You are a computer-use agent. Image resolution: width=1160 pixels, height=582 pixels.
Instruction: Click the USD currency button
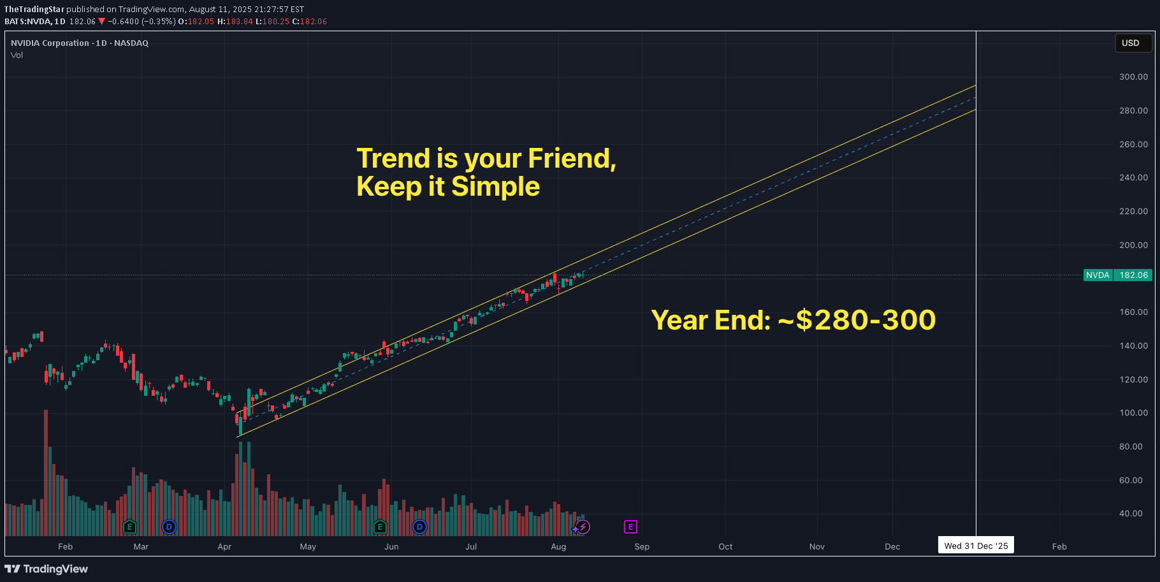pos(1130,43)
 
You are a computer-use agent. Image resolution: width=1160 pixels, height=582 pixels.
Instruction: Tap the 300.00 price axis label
pos(1133,77)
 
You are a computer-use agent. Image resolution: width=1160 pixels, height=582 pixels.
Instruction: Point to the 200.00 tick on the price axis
pos(1133,245)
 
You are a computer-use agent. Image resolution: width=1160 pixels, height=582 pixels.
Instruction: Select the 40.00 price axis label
pos(1131,514)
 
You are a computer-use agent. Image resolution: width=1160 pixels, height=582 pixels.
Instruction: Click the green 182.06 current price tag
pos(1133,275)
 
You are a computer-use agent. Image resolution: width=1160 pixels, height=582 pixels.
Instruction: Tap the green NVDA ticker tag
pos(1098,275)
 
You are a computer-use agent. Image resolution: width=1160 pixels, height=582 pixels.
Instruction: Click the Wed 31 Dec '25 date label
pos(976,546)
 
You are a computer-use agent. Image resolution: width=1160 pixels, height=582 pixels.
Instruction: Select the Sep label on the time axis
pos(642,547)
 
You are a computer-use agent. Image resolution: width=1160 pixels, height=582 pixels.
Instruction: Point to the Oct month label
pos(725,547)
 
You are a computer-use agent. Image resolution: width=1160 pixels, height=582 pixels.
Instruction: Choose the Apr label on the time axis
pos(224,547)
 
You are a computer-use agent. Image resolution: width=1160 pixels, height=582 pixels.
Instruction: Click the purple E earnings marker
pos(630,527)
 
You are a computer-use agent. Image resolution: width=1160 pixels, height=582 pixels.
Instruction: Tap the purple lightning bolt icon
pos(583,527)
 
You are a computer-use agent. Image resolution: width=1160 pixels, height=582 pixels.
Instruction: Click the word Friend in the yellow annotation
pos(571,159)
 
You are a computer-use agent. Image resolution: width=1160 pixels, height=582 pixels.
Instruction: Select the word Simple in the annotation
pos(495,187)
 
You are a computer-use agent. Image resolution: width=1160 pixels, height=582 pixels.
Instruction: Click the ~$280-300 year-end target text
pos(857,320)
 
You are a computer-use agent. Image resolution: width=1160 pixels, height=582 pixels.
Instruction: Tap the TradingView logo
pos(47,569)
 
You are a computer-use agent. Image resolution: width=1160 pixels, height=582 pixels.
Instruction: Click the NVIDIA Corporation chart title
pos(50,43)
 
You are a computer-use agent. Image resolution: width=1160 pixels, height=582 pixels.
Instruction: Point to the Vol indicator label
pos(17,55)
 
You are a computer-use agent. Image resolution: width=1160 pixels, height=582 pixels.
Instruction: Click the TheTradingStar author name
pos(34,10)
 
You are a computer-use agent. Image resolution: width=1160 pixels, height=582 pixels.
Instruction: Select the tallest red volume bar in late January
pos(46,472)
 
